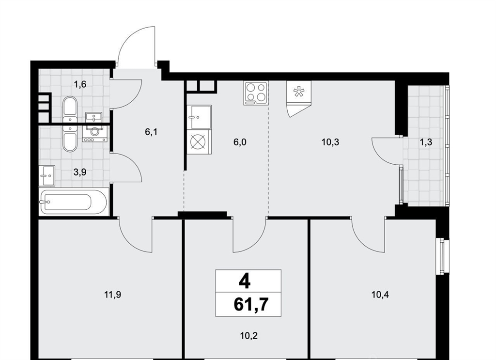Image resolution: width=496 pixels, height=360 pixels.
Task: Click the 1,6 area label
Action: pos(80,84)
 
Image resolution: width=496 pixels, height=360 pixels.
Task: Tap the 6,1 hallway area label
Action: pos(151,132)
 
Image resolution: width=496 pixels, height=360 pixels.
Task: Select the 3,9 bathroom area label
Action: pos(80,172)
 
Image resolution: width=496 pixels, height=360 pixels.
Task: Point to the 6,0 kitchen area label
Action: pos(240,142)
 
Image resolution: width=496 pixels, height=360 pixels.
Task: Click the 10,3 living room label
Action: pos(330,142)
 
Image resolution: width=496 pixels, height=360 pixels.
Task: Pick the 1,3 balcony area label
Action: pos(426,142)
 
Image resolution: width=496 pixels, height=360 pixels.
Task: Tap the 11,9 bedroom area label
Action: pos(112,295)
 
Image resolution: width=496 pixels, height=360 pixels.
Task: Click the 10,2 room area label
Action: pos(248,335)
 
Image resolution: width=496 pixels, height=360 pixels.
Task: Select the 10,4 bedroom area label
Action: pos(380,295)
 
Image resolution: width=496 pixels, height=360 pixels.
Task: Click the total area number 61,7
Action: pos(251,305)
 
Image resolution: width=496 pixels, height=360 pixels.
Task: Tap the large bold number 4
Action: pos(245,282)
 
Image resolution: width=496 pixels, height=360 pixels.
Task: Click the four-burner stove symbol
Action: pos(256,93)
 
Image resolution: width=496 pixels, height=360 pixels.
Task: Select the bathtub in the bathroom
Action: pos(74,202)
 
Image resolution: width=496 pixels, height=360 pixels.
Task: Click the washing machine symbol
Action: pos(95,134)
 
